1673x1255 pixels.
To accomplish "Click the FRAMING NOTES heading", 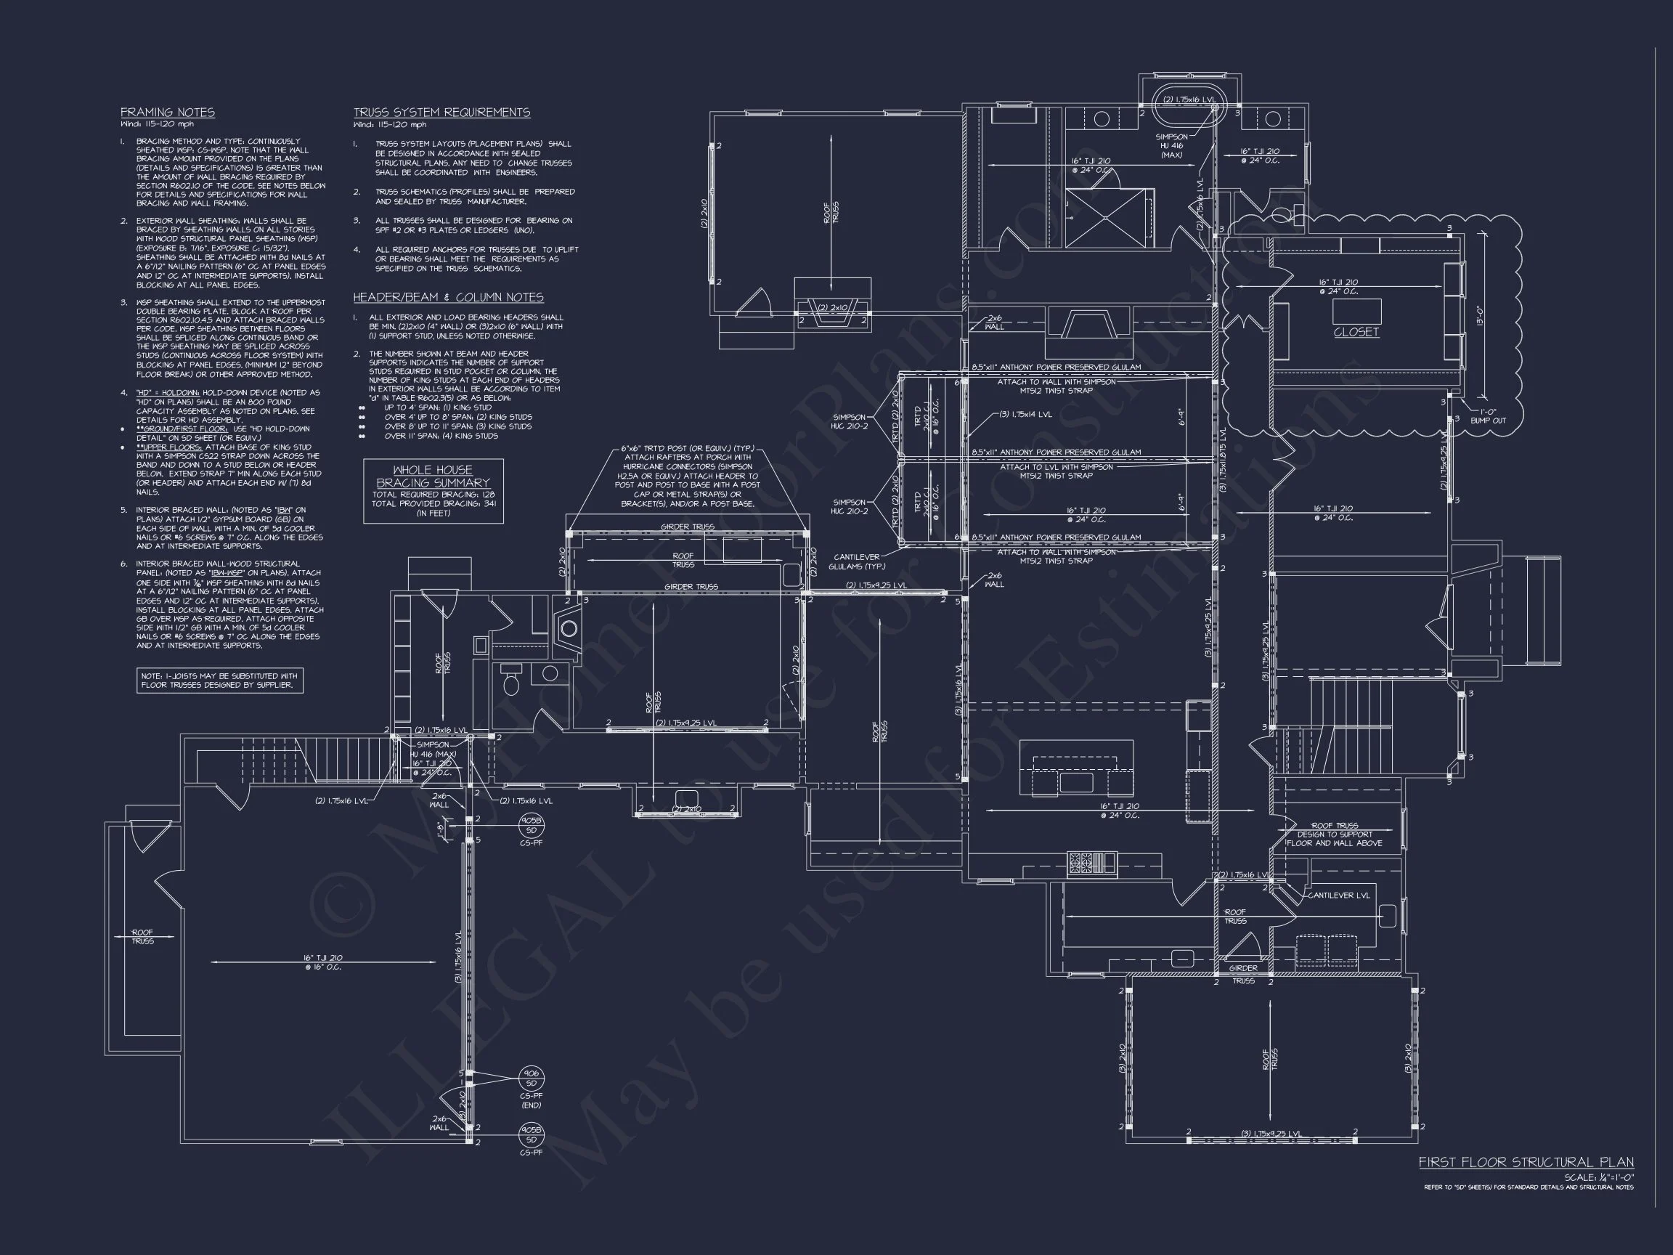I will point(167,112).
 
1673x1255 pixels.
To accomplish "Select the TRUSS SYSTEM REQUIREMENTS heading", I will point(441,112).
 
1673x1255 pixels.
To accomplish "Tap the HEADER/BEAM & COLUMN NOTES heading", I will point(448,297).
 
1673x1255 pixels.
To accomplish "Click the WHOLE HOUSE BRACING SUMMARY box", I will point(433,490).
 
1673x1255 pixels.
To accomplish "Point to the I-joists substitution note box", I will point(219,680).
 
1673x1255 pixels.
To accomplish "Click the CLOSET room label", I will point(1356,331).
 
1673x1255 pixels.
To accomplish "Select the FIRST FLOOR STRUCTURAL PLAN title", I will point(1526,1162).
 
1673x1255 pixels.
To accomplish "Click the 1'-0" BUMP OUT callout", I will point(1488,415).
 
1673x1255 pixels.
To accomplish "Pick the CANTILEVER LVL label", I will point(1339,895).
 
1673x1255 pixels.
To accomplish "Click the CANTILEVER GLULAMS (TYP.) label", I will point(857,561).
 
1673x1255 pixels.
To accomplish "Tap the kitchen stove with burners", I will point(1086,861).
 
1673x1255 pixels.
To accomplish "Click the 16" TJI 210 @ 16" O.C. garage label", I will point(323,962).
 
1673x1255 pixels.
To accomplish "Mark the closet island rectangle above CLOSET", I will point(1356,311).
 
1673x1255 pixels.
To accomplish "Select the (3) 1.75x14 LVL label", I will point(1025,414).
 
